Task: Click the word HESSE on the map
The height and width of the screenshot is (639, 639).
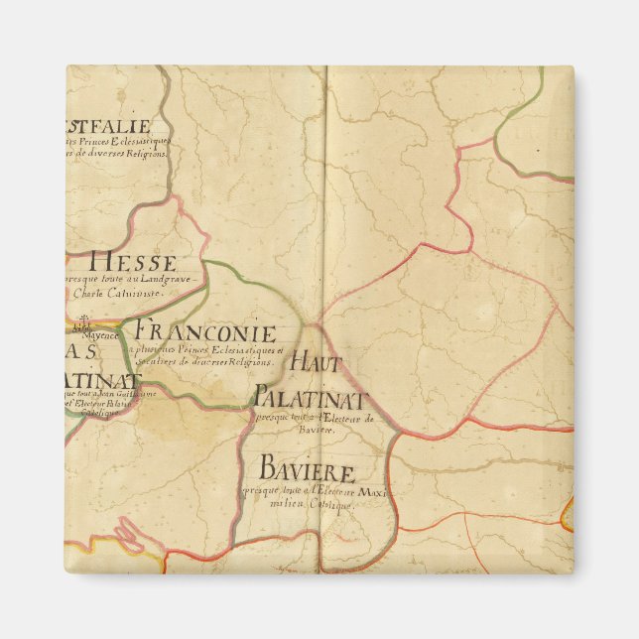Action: coord(133,263)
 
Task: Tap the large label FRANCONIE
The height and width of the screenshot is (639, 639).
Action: coord(205,331)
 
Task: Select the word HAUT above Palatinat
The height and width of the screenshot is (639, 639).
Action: coord(322,362)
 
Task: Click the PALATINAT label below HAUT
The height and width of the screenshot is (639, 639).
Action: coord(311,399)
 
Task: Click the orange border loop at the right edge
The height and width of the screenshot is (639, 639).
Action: coord(567,514)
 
